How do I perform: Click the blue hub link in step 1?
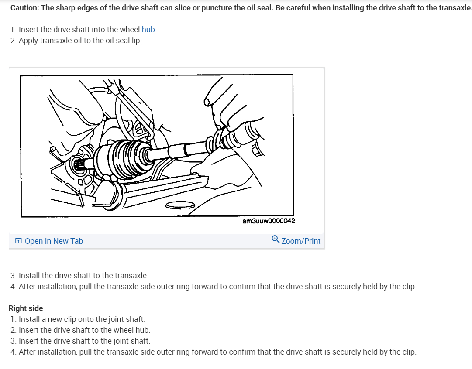[x=148, y=30]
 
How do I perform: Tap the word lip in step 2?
[x=136, y=41]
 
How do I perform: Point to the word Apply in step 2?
[x=29, y=41]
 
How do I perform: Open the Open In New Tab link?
[x=54, y=241]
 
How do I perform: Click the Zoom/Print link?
[x=301, y=241]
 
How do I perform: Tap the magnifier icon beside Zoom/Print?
[x=275, y=240]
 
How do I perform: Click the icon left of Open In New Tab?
[x=18, y=241]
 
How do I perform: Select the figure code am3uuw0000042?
[x=268, y=221]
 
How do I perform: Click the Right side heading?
[x=26, y=308]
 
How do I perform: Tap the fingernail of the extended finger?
[x=207, y=102]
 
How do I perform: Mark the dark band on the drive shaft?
[x=186, y=149]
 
